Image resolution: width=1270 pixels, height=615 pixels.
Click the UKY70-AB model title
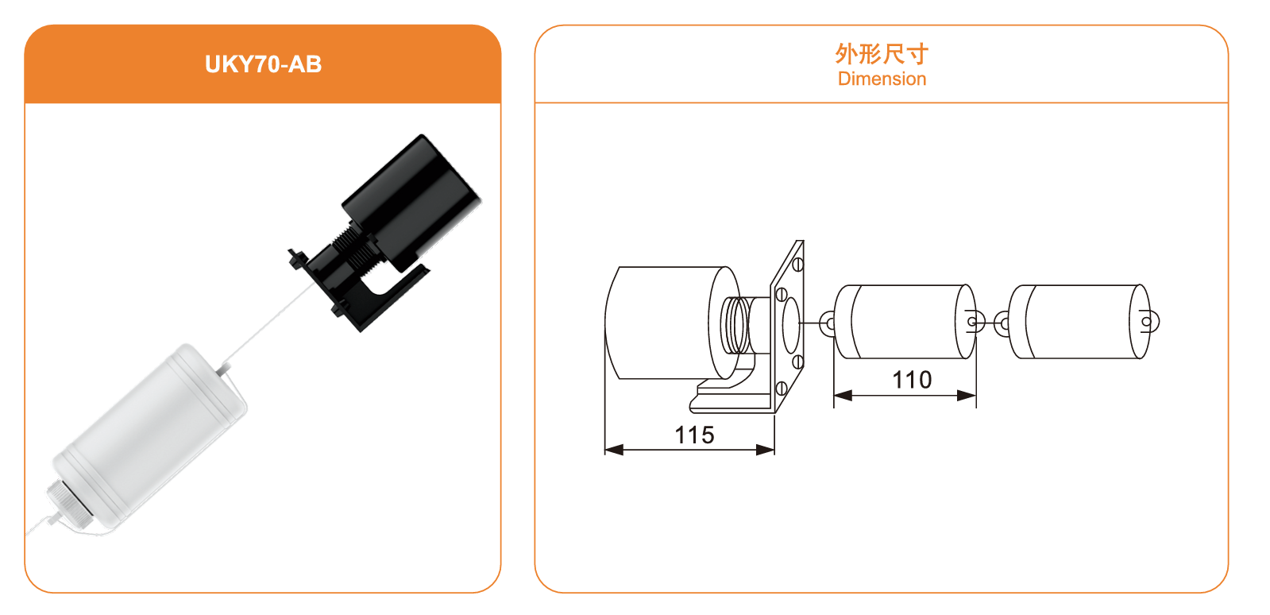point(263,64)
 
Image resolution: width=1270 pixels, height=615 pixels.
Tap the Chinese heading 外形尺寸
point(882,54)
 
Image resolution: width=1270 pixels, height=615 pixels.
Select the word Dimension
point(882,79)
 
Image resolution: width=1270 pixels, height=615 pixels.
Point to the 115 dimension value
point(694,435)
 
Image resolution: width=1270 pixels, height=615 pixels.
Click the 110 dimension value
point(912,380)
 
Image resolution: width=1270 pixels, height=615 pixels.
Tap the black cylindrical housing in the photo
point(411,201)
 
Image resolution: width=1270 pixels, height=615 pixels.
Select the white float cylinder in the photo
point(150,434)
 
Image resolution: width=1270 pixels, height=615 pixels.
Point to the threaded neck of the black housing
point(353,245)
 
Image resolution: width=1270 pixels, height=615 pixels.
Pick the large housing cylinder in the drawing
point(672,323)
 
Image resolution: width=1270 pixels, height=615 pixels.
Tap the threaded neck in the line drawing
point(737,325)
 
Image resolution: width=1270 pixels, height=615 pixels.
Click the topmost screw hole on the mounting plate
point(797,265)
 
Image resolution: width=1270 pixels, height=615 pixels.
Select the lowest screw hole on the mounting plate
point(781,389)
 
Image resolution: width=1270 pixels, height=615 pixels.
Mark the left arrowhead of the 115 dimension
point(614,450)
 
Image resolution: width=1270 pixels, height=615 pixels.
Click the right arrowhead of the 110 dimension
point(967,396)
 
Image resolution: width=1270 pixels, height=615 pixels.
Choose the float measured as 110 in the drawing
point(905,322)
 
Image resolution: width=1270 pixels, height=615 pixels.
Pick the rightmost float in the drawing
point(1080,322)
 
